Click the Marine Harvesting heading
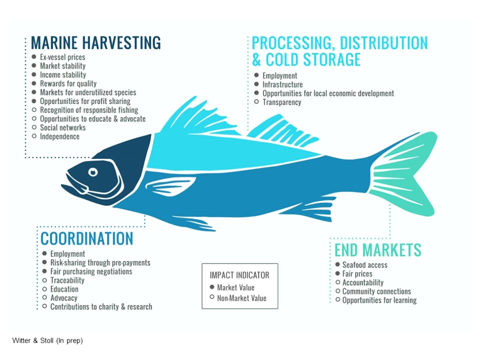point(96,42)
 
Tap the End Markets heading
point(378,249)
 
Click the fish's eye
point(93,172)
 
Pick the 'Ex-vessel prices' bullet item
point(62,57)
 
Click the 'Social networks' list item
point(62,127)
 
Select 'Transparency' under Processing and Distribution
point(282,102)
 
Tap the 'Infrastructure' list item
point(282,84)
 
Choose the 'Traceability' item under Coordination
point(67,280)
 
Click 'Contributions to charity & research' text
point(101,306)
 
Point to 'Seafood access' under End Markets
point(364,265)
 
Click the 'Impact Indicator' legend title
point(239,275)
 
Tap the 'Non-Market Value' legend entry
point(241,298)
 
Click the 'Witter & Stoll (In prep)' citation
point(47,341)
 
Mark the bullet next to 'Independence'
point(34,136)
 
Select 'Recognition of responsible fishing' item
point(89,110)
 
